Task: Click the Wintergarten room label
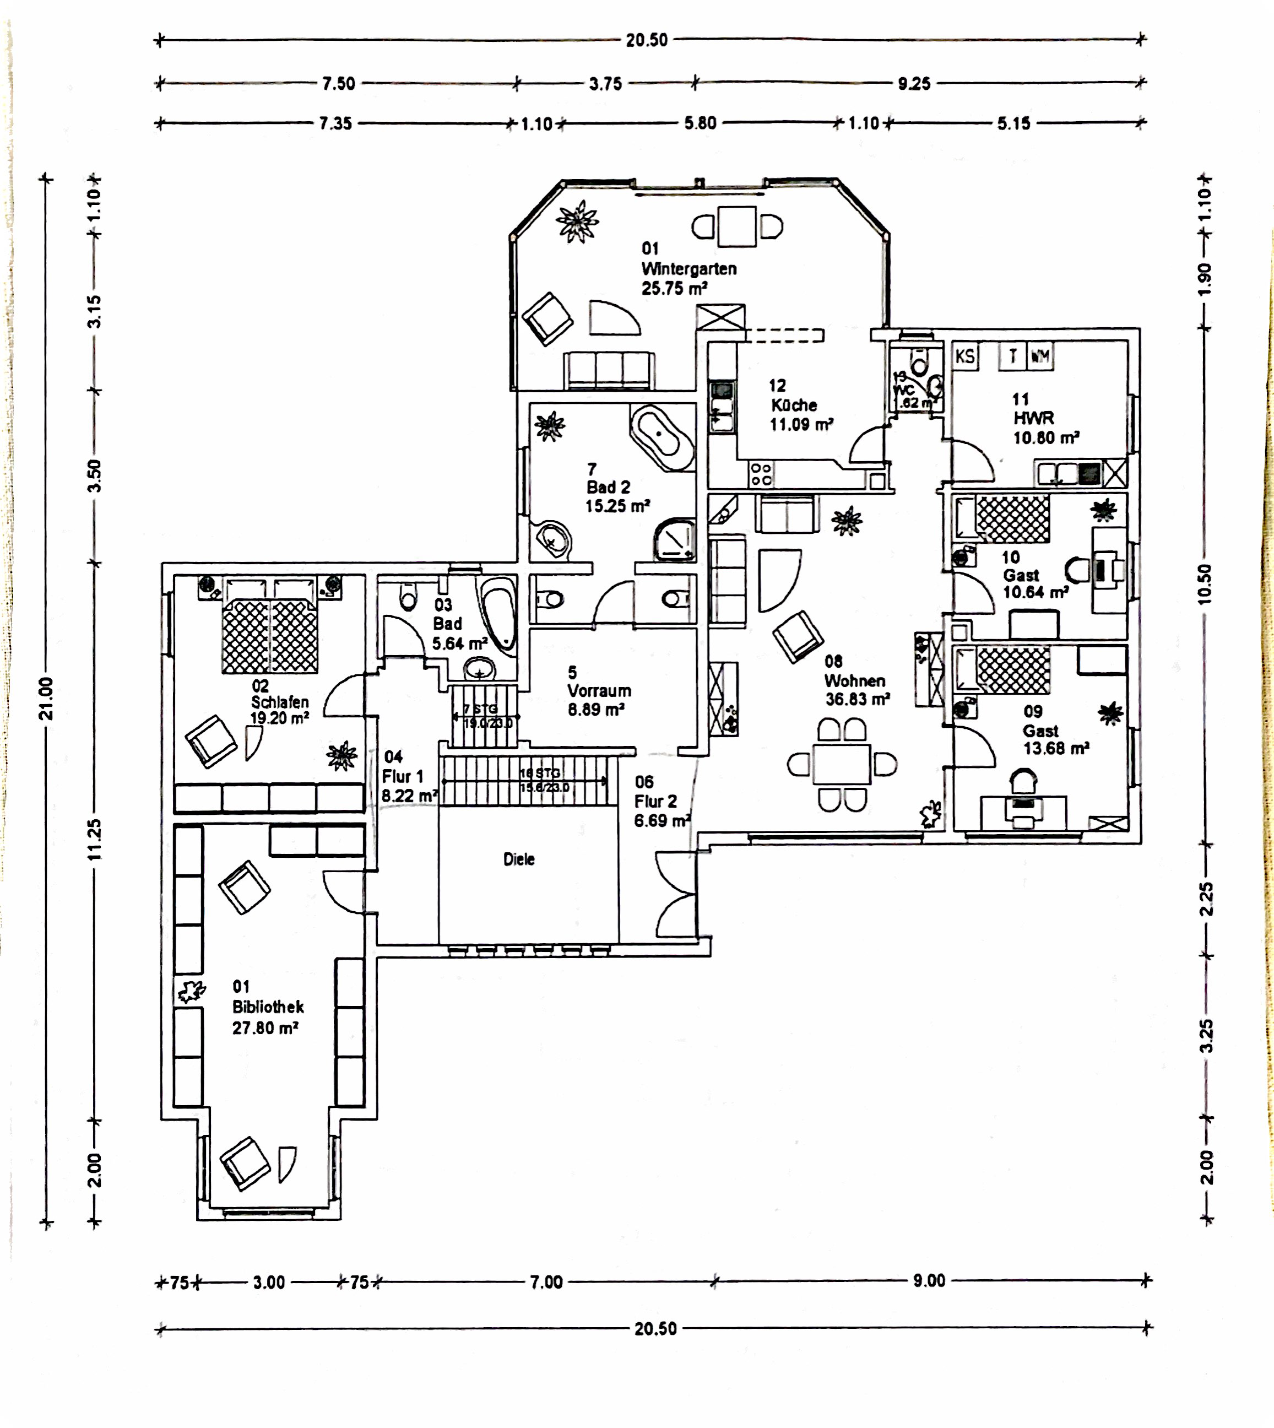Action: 689,269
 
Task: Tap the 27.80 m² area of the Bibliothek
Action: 265,1028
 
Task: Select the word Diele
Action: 519,859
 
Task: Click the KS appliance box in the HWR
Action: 966,356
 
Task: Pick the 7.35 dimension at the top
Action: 335,124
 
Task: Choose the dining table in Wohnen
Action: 842,764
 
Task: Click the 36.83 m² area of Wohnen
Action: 858,699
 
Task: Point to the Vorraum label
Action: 599,691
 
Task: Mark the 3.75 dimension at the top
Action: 605,84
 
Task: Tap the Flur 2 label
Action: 656,802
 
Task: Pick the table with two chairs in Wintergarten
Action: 737,226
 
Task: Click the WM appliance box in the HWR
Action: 1040,356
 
